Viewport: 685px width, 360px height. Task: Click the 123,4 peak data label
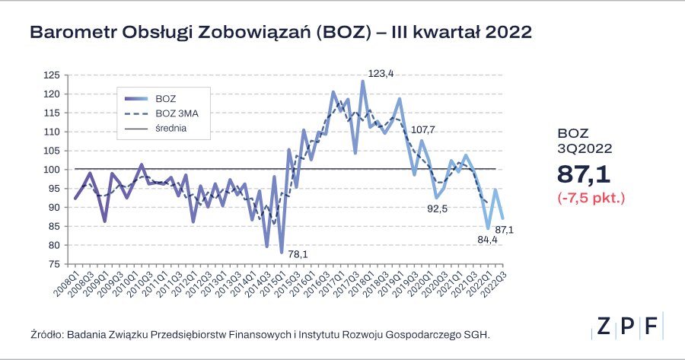click(x=381, y=74)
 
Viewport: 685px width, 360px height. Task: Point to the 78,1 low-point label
click(x=298, y=254)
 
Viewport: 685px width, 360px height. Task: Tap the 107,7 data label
click(x=423, y=129)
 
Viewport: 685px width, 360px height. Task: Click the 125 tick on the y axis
click(x=52, y=75)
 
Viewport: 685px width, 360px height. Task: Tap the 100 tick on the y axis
click(x=52, y=170)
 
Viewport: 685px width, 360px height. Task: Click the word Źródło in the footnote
click(x=47, y=333)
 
